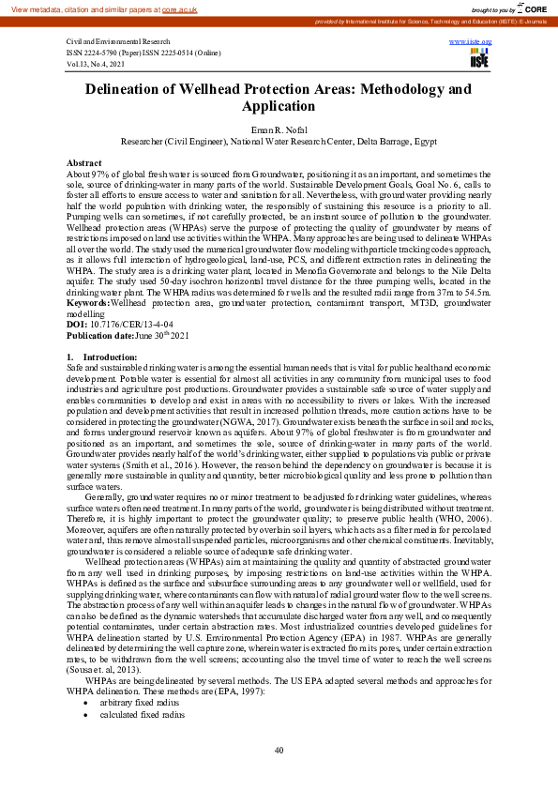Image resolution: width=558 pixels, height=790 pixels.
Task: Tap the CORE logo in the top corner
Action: (x=529, y=8)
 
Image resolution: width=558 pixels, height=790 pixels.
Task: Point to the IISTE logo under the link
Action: (x=479, y=60)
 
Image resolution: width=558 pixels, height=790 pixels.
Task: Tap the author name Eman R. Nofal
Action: (x=278, y=129)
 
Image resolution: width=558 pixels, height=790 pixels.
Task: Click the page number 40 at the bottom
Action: (x=279, y=751)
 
